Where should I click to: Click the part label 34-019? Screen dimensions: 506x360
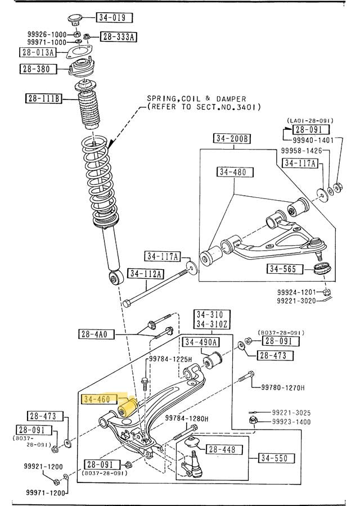[x=111, y=17]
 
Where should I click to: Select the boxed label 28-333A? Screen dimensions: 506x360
[x=119, y=38]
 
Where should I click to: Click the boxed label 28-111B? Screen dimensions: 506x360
[x=44, y=100]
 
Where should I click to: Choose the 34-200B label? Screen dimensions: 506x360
[x=232, y=138]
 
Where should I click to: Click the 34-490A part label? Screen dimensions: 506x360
[x=200, y=341]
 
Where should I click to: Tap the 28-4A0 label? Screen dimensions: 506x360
[x=97, y=334]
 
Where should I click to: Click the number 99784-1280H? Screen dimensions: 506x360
[x=187, y=418]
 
